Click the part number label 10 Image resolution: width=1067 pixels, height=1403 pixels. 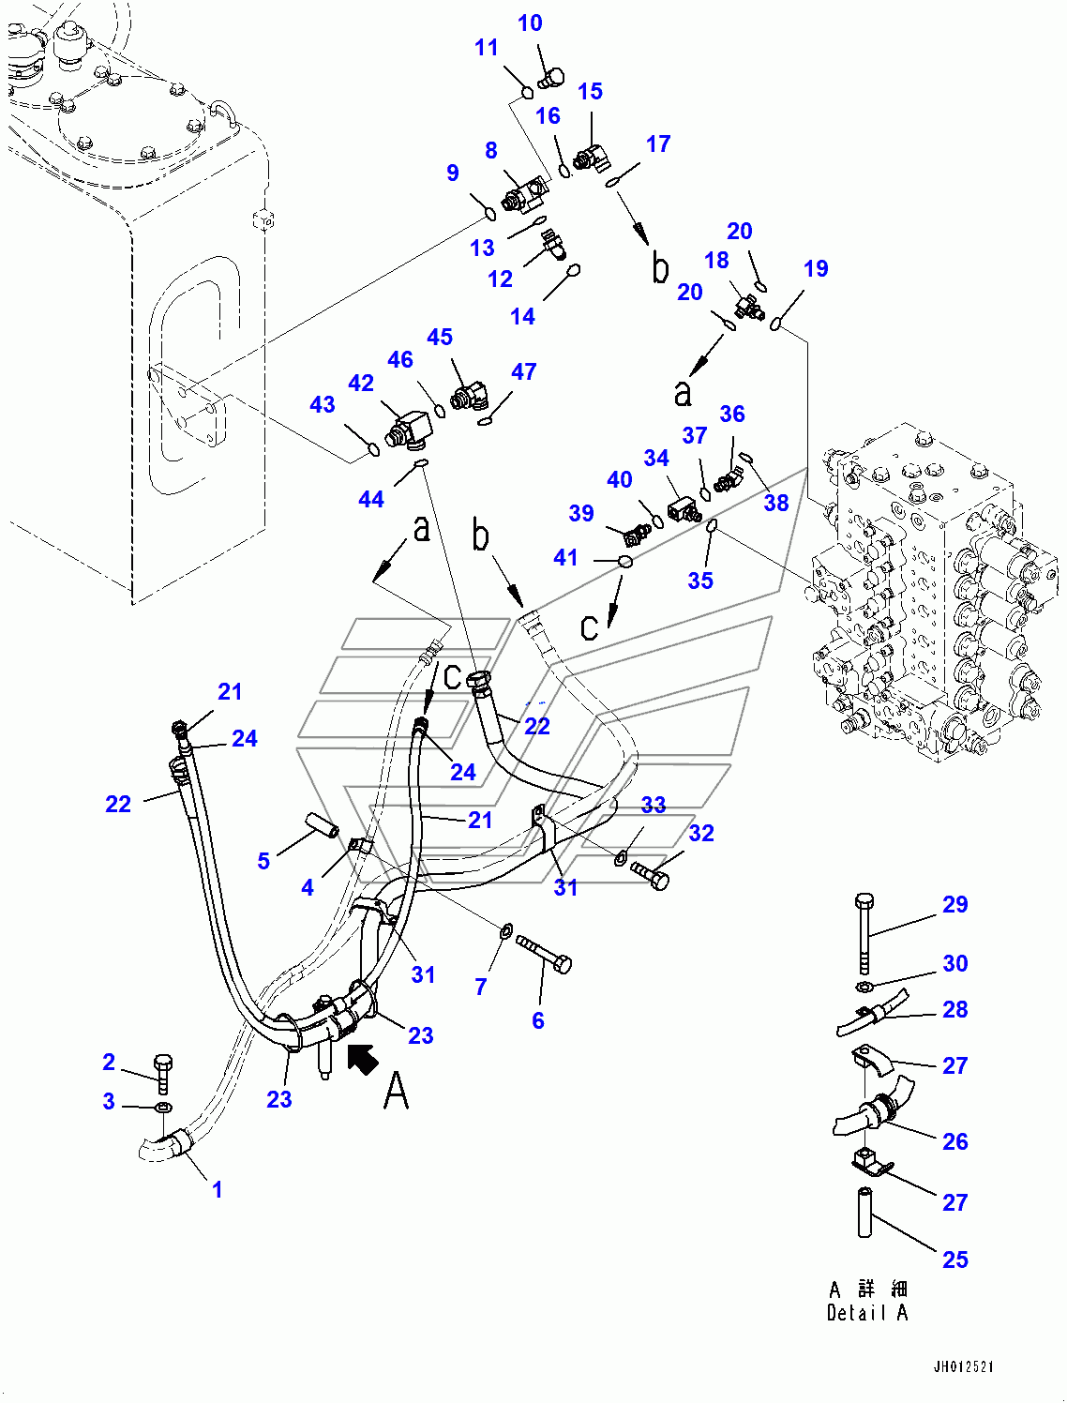(x=530, y=23)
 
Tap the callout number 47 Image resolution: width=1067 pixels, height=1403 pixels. (x=523, y=372)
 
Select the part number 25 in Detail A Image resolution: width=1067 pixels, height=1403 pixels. (x=954, y=1260)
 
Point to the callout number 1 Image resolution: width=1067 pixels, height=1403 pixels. (x=217, y=1189)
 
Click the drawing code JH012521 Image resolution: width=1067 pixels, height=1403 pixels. (x=963, y=1367)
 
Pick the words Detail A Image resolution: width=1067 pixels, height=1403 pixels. (x=866, y=1313)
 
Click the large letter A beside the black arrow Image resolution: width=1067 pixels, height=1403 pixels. (x=397, y=1091)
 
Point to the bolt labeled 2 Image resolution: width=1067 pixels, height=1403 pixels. (x=163, y=1073)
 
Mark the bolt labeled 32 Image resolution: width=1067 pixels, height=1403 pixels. (x=651, y=874)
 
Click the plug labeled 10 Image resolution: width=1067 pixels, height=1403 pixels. (x=552, y=77)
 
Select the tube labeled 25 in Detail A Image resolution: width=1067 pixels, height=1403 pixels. (x=864, y=1212)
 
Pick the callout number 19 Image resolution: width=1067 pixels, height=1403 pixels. (x=815, y=269)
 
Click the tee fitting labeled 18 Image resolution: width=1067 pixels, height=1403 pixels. (x=748, y=305)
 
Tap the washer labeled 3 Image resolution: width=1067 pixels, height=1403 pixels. (x=162, y=1109)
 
